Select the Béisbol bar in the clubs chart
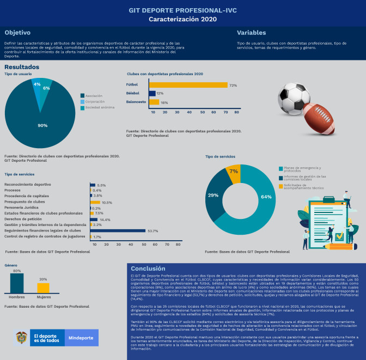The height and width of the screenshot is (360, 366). pyautogui.click(x=152, y=93)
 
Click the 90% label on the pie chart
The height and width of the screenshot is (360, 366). pyautogui.click(x=42, y=126)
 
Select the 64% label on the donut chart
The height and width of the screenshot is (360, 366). pyautogui.click(x=266, y=197)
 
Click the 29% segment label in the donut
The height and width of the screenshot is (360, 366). pyautogui.click(x=214, y=194)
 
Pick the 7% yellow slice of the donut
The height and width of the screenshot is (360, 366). pyautogui.click(x=233, y=172)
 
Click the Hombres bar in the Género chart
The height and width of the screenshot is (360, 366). pyautogui.click(x=17, y=283)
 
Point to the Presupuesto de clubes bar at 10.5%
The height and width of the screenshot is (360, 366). pyautogui.click(x=95, y=202)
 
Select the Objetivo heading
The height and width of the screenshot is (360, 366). pyautogui.click(x=17, y=33)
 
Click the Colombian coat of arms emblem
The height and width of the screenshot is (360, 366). pyautogui.click(x=22, y=338)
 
